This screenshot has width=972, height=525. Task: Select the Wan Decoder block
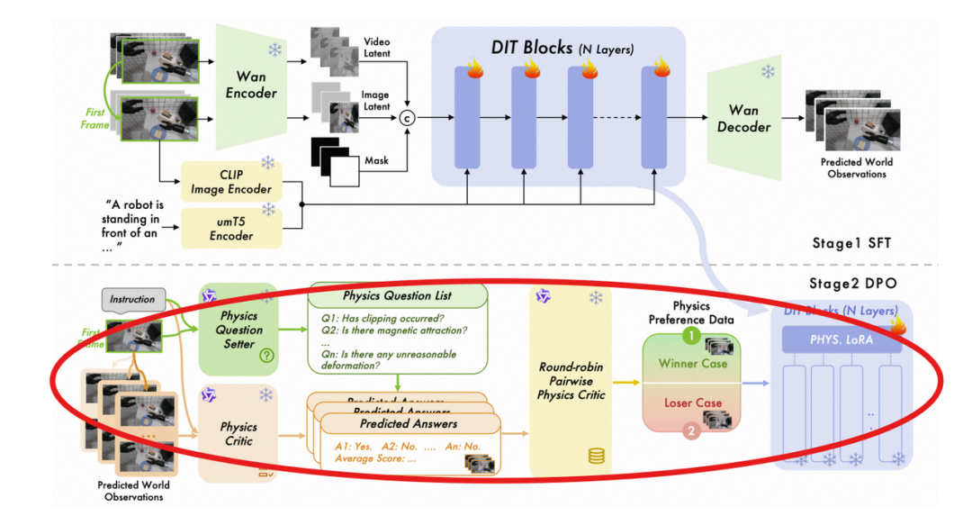click(742, 118)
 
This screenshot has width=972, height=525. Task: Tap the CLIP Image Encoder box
click(231, 180)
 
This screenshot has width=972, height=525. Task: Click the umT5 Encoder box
click(231, 228)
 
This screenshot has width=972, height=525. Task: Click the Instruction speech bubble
click(132, 299)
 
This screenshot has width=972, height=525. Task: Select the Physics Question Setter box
click(238, 329)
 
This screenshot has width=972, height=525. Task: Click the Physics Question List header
click(397, 296)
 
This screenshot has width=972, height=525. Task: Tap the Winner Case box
click(691, 363)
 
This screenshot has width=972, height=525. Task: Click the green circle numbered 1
click(689, 335)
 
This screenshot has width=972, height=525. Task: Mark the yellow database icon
click(595, 456)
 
